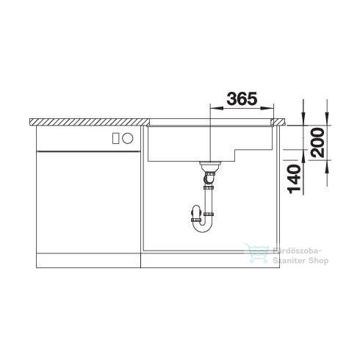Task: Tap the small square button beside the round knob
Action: tap(115, 137)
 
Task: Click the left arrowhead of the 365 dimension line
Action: tap(214, 107)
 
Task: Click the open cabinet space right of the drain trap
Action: tap(250, 213)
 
